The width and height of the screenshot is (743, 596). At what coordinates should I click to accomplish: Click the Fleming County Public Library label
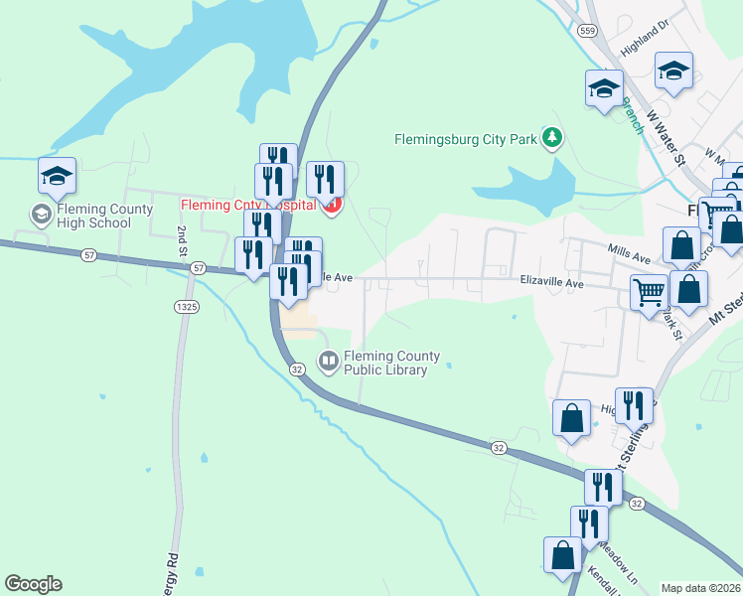[385, 364]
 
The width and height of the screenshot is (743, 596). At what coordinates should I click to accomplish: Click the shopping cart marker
[649, 293]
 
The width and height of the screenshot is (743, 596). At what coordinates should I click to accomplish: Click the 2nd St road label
[183, 239]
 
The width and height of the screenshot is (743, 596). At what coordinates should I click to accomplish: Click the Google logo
[33, 584]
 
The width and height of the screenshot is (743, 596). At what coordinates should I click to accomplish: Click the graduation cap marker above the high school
[57, 176]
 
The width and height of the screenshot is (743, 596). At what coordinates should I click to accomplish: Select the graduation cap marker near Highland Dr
[673, 71]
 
